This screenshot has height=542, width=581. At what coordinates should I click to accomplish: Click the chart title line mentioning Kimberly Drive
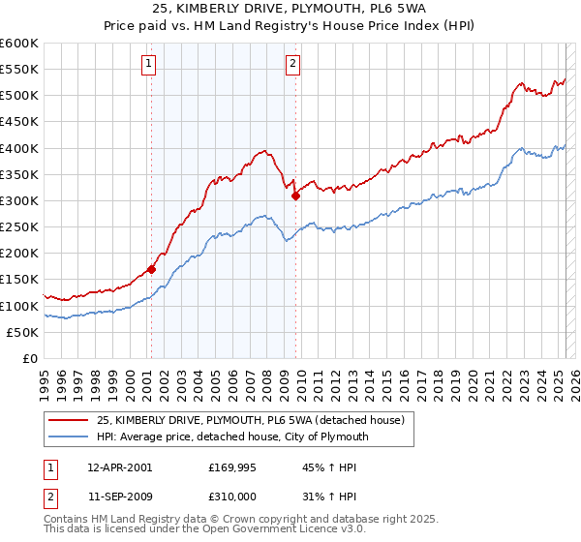tap(290, 11)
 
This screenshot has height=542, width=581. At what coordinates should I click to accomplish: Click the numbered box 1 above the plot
tap(150, 65)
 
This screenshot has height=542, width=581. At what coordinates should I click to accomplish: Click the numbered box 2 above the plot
tap(292, 65)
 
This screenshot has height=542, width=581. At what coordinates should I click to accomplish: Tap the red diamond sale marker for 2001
tap(152, 269)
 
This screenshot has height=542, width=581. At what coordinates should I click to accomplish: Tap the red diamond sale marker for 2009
tap(295, 196)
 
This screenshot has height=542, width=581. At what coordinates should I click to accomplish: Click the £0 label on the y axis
tap(30, 358)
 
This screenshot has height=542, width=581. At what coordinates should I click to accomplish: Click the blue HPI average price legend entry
tap(232, 437)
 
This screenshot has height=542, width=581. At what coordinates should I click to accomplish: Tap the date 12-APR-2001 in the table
tap(119, 467)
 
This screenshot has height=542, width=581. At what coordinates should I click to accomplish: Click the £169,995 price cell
tap(230, 467)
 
